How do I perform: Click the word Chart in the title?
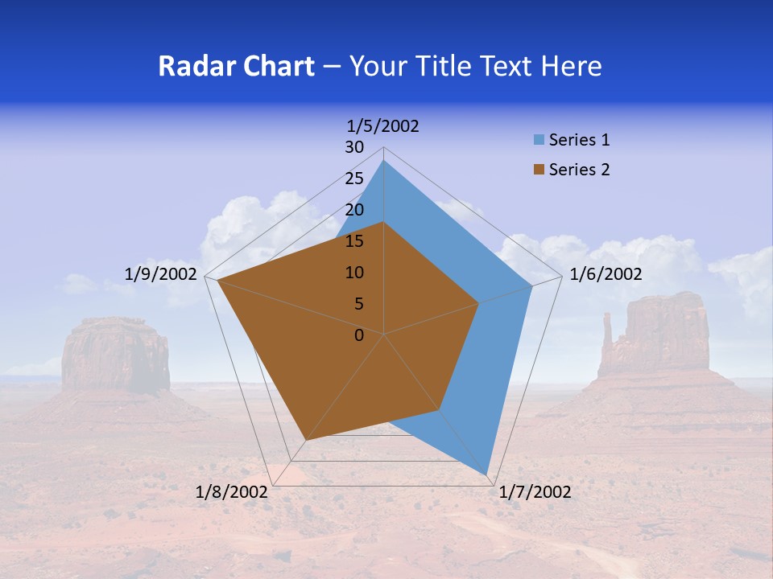coord(275,66)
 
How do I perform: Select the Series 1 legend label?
coord(579,140)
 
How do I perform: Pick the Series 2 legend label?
coord(579,170)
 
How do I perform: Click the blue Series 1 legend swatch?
coord(539,140)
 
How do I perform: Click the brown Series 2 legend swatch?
coord(539,170)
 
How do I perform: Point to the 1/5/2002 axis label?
coord(383,126)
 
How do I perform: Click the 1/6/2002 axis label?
coord(606,274)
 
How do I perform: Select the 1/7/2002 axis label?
coord(535,492)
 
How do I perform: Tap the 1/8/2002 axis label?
coord(232,492)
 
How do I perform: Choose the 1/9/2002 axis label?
coord(161,274)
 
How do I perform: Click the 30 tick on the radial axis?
coord(354,147)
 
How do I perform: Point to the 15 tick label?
coord(354,241)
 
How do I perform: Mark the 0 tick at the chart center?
coord(359,335)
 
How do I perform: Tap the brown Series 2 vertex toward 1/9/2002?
coord(217,281)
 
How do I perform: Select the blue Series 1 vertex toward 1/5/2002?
coord(384,160)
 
